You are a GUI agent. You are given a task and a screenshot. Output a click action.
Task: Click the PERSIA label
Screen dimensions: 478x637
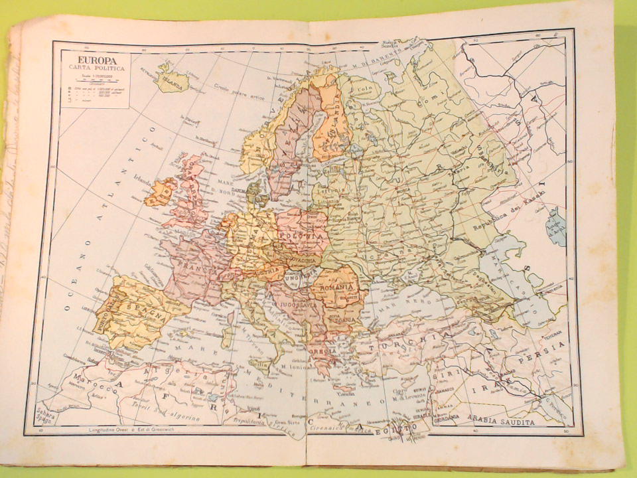coord(549,346)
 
